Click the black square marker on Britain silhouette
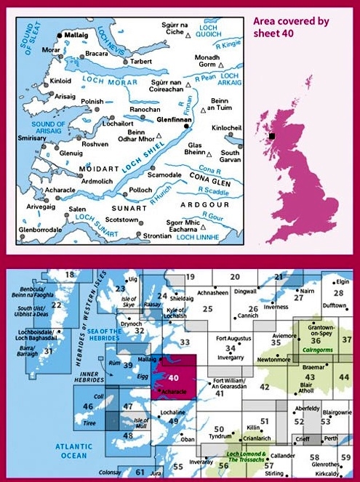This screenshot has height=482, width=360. point(271,136)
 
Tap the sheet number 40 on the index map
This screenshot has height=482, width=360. point(173,377)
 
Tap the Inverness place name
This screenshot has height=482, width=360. point(276,308)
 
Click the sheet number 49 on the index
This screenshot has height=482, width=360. point(172,421)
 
